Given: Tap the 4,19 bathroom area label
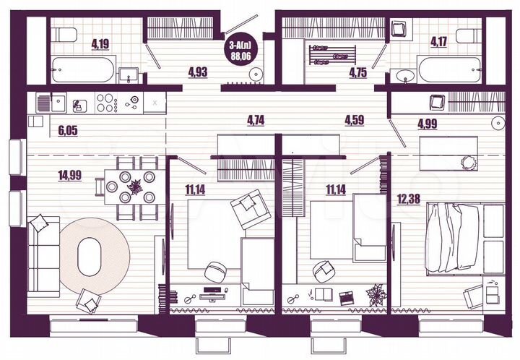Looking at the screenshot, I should click(x=100, y=43).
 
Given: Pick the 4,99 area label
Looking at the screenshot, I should click(x=427, y=124).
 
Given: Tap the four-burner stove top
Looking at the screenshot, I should click(x=107, y=103).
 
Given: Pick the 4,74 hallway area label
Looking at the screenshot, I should click(x=255, y=120).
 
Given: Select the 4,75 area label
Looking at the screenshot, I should click(x=359, y=72).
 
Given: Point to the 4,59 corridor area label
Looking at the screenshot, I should click(x=354, y=120).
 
